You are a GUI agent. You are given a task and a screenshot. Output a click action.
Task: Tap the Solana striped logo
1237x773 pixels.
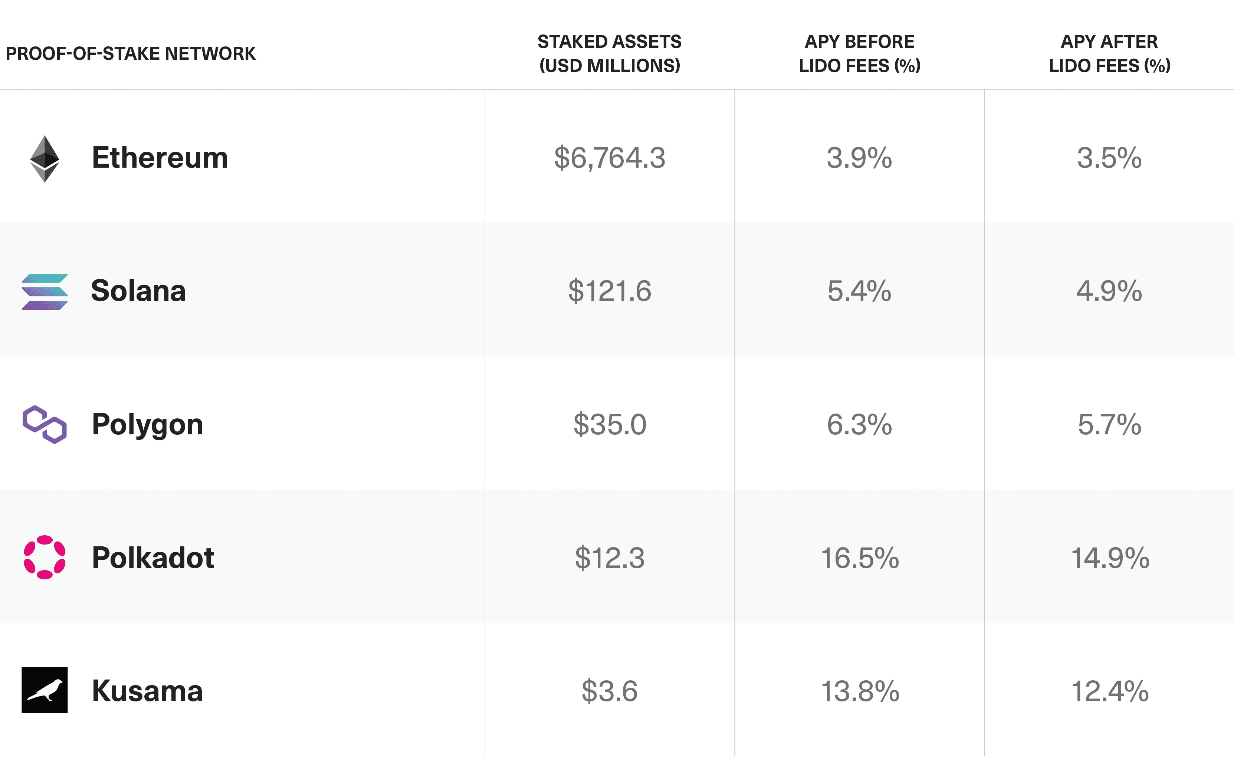pos(45,292)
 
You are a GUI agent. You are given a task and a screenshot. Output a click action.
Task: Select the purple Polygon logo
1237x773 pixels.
pos(45,425)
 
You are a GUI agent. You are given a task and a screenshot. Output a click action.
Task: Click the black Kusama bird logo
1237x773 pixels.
pos(45,691)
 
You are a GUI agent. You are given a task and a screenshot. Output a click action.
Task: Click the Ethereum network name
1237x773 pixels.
pos(160,158)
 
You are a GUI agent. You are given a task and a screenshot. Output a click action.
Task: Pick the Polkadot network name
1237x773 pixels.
pos(153,558)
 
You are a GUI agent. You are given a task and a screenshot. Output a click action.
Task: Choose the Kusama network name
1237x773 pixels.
pos(148,691)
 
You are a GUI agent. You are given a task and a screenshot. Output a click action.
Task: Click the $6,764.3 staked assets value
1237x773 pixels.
pos(610,158)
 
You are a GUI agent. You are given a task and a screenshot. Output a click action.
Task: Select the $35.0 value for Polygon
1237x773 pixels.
pos(610,425)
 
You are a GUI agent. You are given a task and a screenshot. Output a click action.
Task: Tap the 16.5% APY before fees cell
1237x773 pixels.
pos(860,558)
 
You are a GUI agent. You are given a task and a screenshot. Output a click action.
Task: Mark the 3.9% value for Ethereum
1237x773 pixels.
pos(860,158)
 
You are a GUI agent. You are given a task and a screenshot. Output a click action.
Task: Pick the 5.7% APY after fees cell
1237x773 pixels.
pos(1110,425)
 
